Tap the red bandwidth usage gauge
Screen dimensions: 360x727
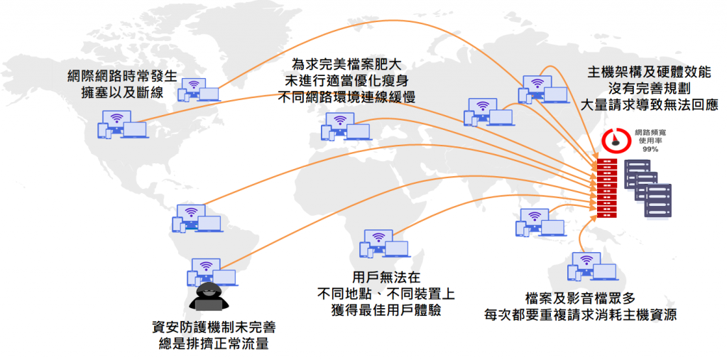click(x=613, y=140)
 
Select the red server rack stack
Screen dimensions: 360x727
click(x=606, y=189)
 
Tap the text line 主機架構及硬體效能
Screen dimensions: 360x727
click(x=649, y=73)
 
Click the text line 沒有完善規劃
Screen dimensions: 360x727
click(x=649, y=89)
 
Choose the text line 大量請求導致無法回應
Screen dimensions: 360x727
click(x=649, y=106)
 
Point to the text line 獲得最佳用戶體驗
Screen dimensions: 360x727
click(x=386, y=310)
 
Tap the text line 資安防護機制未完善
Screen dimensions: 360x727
click(x=214, y=328)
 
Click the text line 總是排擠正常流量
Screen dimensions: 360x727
click(x=214, y=344)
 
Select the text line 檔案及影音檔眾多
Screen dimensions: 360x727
click(x=577, y=298)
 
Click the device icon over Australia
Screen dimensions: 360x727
click(x=591, y=268)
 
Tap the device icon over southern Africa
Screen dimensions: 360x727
click(x=384, y=244)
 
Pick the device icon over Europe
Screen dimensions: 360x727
click(x=346, y=126)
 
